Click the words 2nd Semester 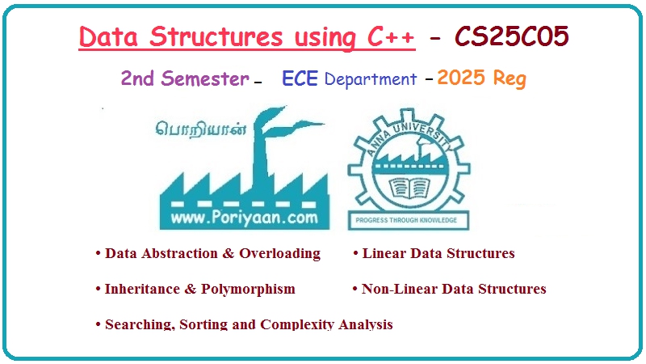click(185, 78)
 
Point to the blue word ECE click(300, 78)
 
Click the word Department click(370, 79)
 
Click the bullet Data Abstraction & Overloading click(212, 253)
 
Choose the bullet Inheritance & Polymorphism click(199, 289)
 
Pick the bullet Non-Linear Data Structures click(453, 289)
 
